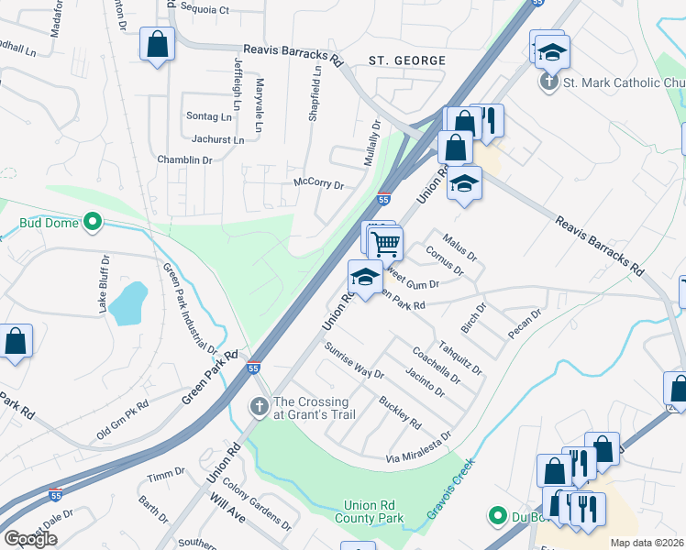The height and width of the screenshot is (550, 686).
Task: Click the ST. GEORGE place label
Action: click(x=407, y=60)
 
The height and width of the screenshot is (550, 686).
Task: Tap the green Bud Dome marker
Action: click(x=92, y=221)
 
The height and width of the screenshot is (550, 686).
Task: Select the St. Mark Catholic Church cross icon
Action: click(x=549, y=82)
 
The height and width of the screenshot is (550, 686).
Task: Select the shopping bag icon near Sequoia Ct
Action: click(x=156, y=43)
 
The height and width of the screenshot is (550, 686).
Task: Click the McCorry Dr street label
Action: click(x=318, y=184)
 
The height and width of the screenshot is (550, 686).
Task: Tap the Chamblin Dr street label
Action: click(x=183, y=159)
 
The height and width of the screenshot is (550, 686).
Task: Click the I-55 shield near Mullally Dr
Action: click(x=383, y=199)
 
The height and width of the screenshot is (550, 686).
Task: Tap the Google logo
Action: click(x=30, y=539)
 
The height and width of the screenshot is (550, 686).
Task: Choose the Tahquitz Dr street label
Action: click(x=459, y=357)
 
